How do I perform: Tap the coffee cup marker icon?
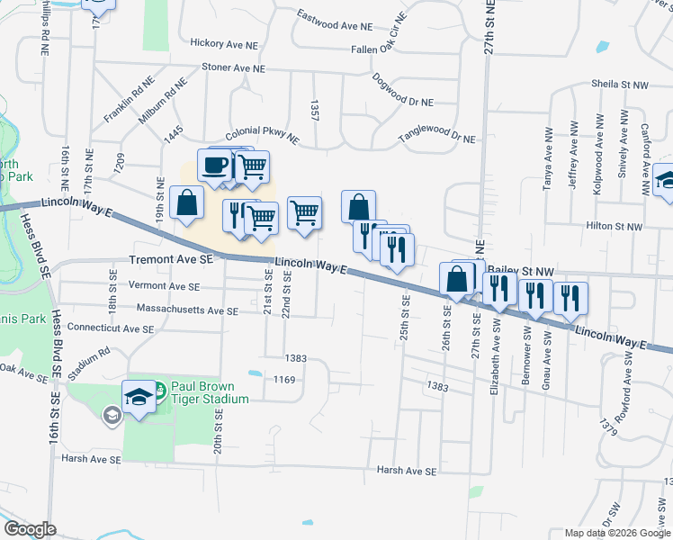(x=215, y=166)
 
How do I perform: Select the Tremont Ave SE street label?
(x=171, y=258)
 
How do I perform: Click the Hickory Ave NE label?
(x=226, y=42)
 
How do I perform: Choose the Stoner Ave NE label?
(x=233, y=67)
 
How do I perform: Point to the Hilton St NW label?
(x=615, y=227)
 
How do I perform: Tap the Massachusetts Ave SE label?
(x=187, y=310)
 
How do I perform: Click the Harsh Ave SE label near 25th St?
(x=406, y=471)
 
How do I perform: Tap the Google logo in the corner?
(x=30, y=529)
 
